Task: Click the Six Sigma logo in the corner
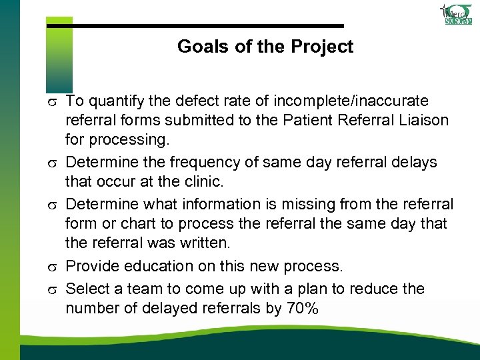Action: coord(457,15)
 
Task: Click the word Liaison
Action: coord(423,120)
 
